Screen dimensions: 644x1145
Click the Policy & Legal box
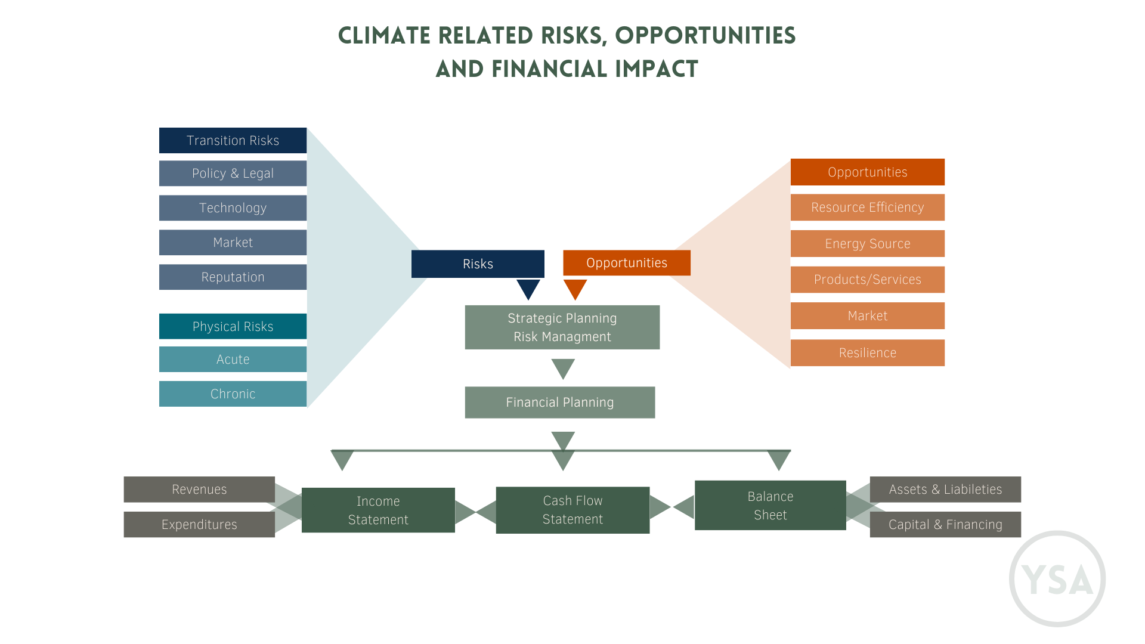pyautogui.click(x=233, y=174)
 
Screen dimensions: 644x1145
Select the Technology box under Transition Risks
pyautogui.click(x=233, y=208)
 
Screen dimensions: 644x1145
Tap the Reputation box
pyautogui.click(x=233, y=277)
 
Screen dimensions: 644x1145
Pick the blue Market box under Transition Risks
pyautogui.click(x=233, y=243)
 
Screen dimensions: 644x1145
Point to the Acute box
pyautogui.click(x=233, y=360)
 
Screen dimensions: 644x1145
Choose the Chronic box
pyautogui.click(x=233, y=394)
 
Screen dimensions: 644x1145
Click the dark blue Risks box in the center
pyautogui.click(x=478, y=264)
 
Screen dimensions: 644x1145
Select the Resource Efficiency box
pyautogui.click(x=868, y=208)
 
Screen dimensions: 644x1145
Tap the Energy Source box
pyautogui.click(x=868, y=244)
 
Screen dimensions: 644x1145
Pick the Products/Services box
pyautogui.click(x=868, y=280)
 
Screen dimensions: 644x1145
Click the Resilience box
pyautogui.click(x=868, y=353)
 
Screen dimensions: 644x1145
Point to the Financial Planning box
pyautogui.click(x=559, y=402)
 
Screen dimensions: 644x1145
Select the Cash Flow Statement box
pyautogui.click(x=572, y=510)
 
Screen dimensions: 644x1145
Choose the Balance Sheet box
pyautogui.click(x=770, y=506)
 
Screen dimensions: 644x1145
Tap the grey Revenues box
pyautogui.click(x=199, y=490)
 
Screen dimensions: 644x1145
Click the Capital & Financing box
pyautogui.click(x=945, y=525)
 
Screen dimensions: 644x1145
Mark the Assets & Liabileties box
pyautogui.click(x=945, y=490)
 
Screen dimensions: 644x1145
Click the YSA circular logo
pyautogui.click(x=1057, y=579)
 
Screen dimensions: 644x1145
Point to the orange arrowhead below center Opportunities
pyautogui.click(x=575, y=289)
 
